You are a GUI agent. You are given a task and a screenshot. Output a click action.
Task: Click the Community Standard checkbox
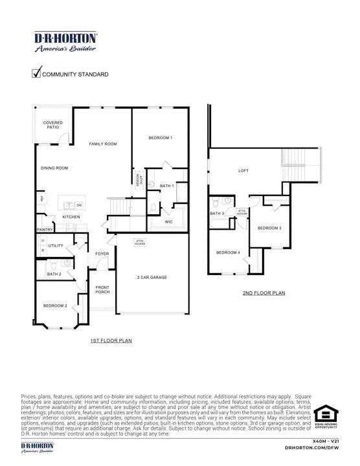(x=37, y=73)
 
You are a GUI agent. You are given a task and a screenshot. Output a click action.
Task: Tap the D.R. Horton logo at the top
(x=65, y=41)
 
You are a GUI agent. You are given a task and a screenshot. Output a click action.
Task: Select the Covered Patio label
(x=52, y=125)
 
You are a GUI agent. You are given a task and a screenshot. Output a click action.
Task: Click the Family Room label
(x=103, y=144)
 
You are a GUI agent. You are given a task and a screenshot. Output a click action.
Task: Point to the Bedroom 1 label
(x=160, y=138)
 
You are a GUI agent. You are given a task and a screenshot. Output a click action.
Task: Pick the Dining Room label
(x=54, y=168)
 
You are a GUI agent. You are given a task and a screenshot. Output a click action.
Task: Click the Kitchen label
(x=71, y=216)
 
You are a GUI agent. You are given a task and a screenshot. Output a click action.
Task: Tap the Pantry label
(x=45, y=229)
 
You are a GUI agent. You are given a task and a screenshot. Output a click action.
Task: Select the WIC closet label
(x=168, y=222)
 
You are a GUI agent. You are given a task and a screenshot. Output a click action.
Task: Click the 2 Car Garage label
(x=152, y=277)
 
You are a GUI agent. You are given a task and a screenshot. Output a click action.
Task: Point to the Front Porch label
(x=102, y=289)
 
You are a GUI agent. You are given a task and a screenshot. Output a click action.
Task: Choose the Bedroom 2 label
(x=55, y=305)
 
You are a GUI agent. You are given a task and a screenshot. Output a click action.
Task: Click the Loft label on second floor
(x=243, y=171)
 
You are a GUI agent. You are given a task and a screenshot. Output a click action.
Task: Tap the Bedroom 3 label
(x=269, y=228)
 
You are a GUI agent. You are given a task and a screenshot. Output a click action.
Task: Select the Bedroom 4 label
(x=228, y=252)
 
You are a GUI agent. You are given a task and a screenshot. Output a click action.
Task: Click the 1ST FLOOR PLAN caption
(x=111, y=340)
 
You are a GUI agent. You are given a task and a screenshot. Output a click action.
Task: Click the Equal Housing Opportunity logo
(x=325, y=417)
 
